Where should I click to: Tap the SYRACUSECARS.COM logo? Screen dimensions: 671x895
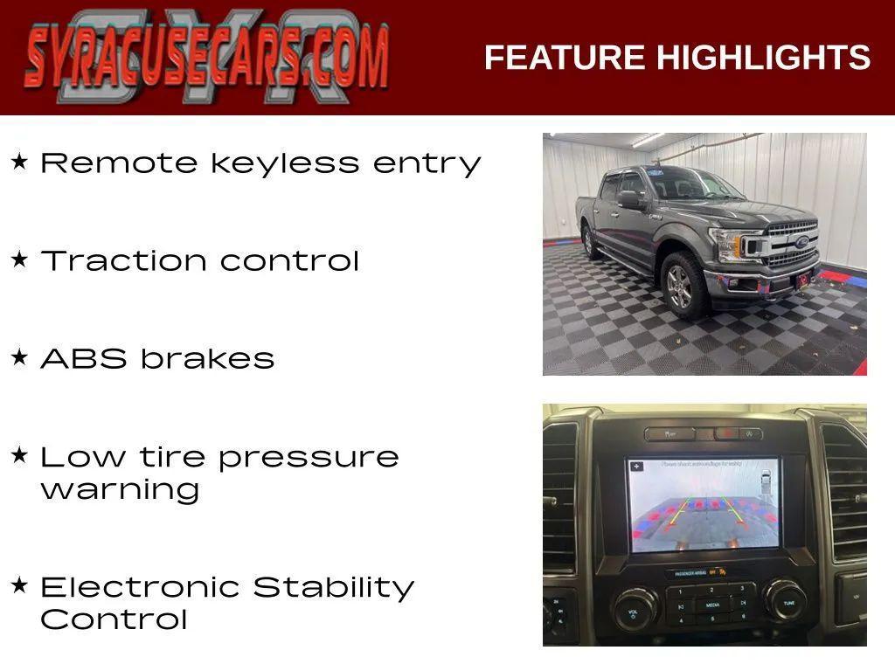pyautogui.click(x=206, y=57)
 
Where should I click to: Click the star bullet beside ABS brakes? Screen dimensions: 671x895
pyautogui.click(x=19, y=357)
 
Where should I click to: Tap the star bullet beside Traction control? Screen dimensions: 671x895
pyautogui.click(x=19, y=259)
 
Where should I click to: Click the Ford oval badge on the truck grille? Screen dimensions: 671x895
pyautogui.click(x=801, y=242)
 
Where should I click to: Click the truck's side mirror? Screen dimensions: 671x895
pyautogui.click(x=629, y=200)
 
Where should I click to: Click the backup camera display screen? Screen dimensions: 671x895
pyautogui.click(x=703, y=504)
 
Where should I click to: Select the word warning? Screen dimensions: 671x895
pyautogui.click(x=120, y=489)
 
